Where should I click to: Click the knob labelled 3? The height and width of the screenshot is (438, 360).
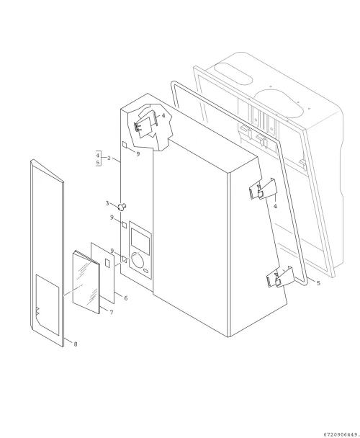pyautogui.click(x=122, y=207)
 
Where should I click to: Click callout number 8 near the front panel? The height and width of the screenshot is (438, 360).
pyautogui.click(x=76, y=344)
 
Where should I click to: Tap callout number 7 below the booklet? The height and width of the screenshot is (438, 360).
pyautogui.click(x=112, y=313)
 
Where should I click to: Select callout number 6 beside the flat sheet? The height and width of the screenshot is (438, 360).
pyautogui.click(x=126, y=298)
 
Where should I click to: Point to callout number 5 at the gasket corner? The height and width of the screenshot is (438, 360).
pyautogui.click(x=318, y=283)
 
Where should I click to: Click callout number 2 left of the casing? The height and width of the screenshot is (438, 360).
pyautogui.click(x=109, y=158)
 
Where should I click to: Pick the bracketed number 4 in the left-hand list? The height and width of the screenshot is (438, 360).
pyautogui.click(x=98, y=155)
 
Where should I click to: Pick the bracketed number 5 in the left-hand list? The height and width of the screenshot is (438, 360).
pyautogui.click(x=98, y=162)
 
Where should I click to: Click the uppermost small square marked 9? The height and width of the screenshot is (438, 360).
pyautogui.click(x=125, y=144)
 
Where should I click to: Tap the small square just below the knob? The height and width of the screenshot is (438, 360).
pyautogui.click(x=125, y=224)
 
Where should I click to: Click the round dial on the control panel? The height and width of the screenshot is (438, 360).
pyautogui.click(x=138, y=259)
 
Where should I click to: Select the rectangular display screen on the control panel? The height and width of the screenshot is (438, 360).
pyautogui.click(x=140, y=241)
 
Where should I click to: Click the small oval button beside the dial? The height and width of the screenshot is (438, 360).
pyautogui.click(x=146, y=271)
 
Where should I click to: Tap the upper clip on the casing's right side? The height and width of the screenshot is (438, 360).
pyautogui.click(x=263, y=189)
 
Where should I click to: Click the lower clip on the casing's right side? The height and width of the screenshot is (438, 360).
pyautogui.click(x=280, y=277)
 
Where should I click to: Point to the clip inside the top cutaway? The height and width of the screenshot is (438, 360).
pyautogui.click(x=145, y=125)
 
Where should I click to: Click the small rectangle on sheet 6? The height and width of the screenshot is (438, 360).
pyautogui.click(x=107, y=263)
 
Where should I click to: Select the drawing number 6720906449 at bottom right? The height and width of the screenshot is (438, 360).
pyautogui.click(x=341, y=434)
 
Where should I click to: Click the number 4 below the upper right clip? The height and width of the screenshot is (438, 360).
pyautogui.click(x=275, y=207)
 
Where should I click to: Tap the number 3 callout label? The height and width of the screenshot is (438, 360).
pyautogui.click(x=107, y=203)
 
